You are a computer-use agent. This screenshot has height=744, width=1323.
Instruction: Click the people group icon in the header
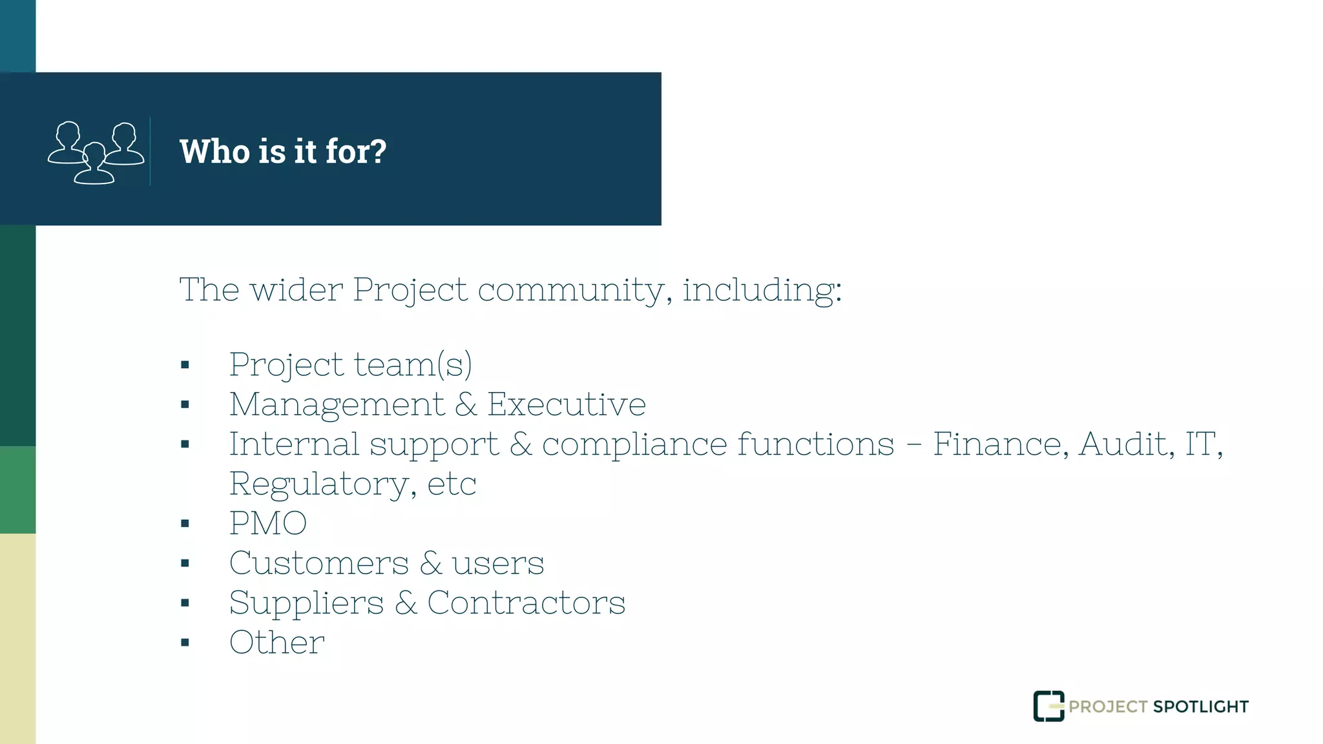click(x=96, y=152)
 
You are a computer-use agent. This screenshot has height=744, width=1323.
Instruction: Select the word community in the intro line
click(x=570, y=289)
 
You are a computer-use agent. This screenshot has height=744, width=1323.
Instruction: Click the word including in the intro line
click(x=760, y=289)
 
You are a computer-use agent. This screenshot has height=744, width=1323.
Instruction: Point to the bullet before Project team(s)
click(x=185, y=365)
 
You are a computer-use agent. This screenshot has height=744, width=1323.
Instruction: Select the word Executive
click(x=566, y=405)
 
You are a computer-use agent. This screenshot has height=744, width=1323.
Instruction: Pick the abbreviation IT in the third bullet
click(x=1200, y=444)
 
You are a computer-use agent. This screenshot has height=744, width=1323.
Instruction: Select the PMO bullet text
click(x=268, y=523)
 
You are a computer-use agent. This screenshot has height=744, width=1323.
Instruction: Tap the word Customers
click(x=319, y=563)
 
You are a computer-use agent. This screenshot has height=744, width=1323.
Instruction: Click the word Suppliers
click(x=307, y=603)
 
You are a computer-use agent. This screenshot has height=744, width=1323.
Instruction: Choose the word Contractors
click(x=526, y=603)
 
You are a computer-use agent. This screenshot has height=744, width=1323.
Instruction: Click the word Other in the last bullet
click(x=277, y=643)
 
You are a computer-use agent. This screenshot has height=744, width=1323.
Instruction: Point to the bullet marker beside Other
click(x=185, y=643)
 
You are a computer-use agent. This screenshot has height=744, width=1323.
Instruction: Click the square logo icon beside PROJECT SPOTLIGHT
click(x=1048, y=706)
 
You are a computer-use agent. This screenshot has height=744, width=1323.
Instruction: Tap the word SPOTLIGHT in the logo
click(x=1200, y=707)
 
